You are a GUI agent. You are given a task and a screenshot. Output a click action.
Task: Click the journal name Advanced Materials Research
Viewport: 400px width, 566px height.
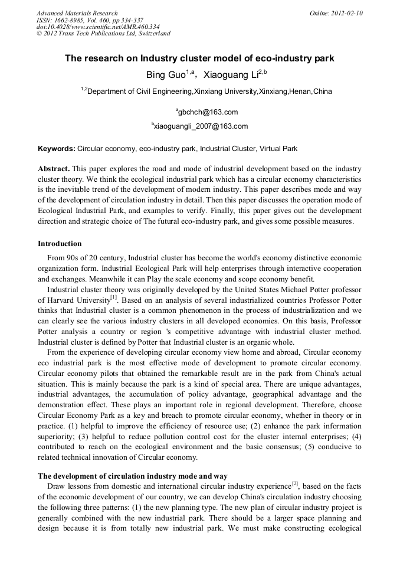pos(77,13)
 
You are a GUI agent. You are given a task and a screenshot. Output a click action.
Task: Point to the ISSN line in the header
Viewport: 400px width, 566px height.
pos(90,19)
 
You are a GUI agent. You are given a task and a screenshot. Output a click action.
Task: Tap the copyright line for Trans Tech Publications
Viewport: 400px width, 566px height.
pos(103,34)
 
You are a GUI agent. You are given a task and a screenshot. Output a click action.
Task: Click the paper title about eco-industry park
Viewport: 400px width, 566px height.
pos(199,58)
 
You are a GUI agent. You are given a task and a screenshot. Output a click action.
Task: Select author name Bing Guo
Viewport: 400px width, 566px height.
pos(166,75)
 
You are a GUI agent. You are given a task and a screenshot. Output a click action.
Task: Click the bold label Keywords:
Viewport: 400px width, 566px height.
pos(57,149)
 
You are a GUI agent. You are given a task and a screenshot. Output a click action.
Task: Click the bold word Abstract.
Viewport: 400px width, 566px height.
pos(54,169)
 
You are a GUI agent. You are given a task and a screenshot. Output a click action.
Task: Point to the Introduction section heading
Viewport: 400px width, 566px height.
pos(60,244)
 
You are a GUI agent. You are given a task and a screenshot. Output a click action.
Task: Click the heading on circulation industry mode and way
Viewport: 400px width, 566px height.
pos(133,476)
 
